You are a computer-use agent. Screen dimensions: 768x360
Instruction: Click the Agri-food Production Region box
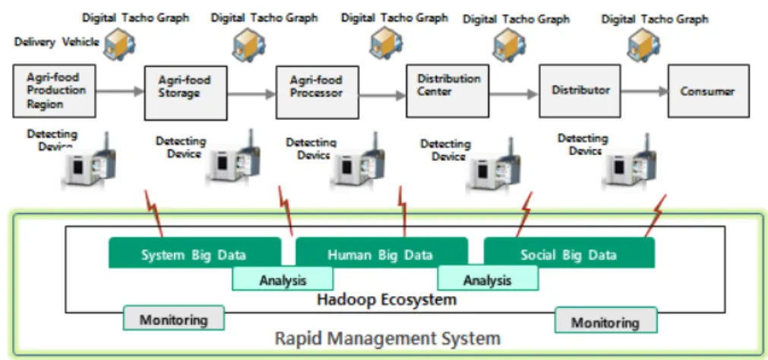54,91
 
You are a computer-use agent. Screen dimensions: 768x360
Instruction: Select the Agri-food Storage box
185,93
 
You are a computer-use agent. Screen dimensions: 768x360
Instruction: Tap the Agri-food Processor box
317,93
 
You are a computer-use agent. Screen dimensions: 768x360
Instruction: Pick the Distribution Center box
447,91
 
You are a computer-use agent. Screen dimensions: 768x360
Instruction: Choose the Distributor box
580,91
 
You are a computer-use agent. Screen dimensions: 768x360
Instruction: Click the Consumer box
708,91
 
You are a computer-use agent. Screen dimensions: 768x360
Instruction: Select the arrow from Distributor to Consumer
645,91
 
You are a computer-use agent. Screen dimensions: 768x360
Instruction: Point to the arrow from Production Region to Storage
120,90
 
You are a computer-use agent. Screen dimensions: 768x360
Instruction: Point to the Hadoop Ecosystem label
387,298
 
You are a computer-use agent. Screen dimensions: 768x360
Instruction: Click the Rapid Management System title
387,338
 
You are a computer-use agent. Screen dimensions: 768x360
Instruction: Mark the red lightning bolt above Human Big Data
403,211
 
